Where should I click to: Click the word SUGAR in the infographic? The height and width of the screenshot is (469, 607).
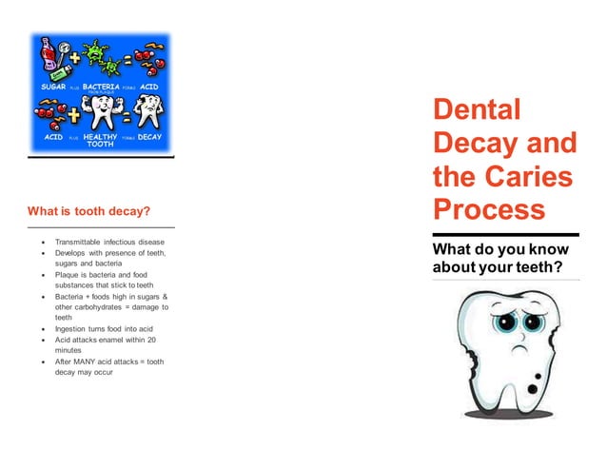[52, 86]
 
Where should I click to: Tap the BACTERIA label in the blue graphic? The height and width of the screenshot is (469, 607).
[101, 86]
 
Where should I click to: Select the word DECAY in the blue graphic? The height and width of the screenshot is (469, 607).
[149, 137]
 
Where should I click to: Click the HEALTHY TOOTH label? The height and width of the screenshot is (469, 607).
[100, 140]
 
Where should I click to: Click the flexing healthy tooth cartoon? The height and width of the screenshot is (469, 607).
[100, 112]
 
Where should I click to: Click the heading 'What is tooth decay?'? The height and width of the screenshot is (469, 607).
[89, 209]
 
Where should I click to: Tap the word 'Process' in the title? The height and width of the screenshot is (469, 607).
[489, 209]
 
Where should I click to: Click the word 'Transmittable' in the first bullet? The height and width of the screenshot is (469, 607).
[84, 243]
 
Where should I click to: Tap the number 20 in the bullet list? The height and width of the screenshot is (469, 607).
[152, 340]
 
